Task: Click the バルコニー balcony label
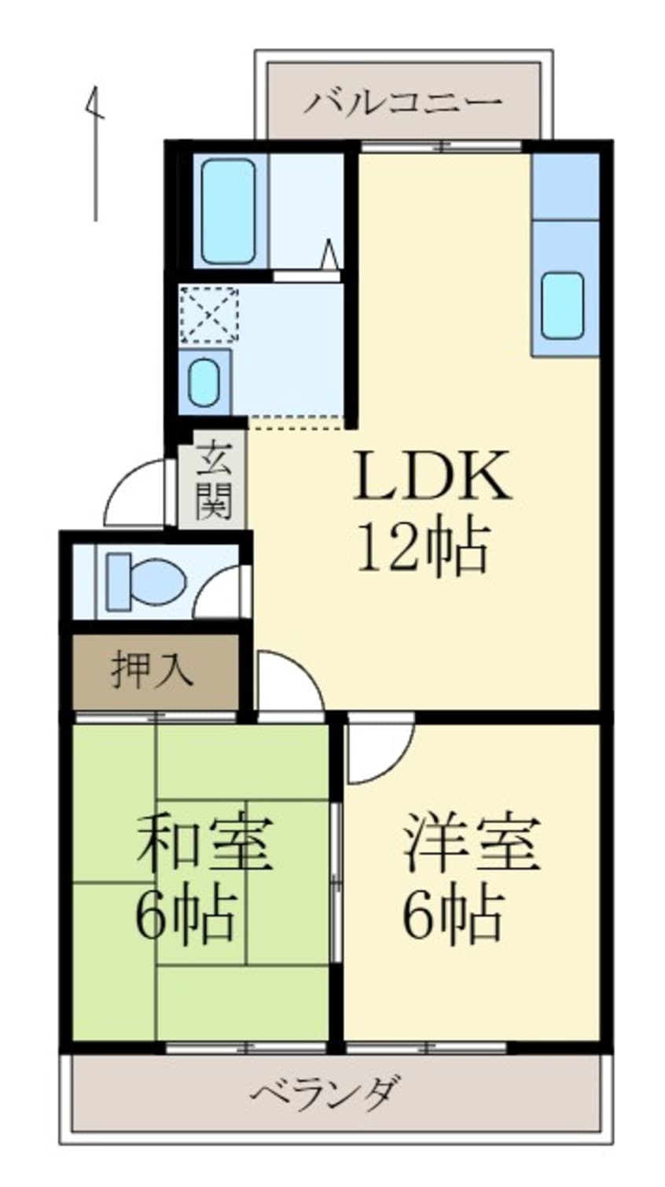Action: (403, 103)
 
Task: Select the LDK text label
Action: (432, 475)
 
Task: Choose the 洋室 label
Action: (472, 843)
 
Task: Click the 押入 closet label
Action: (152, 671)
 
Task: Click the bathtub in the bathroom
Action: (228, 211)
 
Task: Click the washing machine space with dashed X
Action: (208, 314)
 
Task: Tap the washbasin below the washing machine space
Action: (204, 382)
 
